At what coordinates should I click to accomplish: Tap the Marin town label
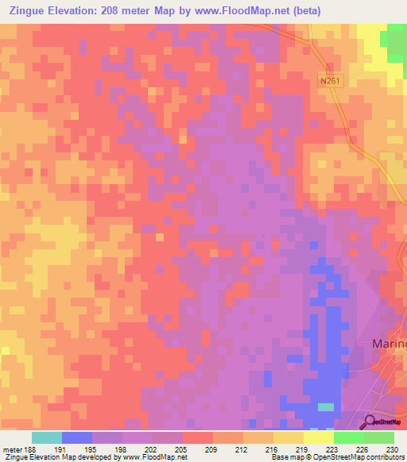click(390, 344)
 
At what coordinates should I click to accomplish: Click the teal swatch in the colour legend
click(47, 437)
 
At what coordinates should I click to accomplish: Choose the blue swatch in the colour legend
click(77, 437)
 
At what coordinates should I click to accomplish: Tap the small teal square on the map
click(326, 407)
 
